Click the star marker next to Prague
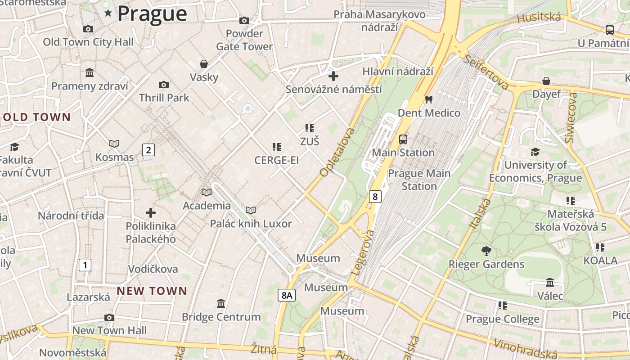pyautogui.click(x=108, y=13)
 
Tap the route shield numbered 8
pyautogui.click(x=375, y=196)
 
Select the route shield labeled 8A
pyautogui.click(x=286, y=295)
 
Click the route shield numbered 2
pyautogui.click(x=148, y=150)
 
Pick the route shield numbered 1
pyautogui.click(x=85, y=265)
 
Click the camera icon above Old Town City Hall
pyautogui.click(x=88, y=29)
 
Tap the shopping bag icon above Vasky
pyautogui.click(x=204, y=64)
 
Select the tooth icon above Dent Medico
pyautogui.click(x=428, y=99)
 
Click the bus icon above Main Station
pyautogui.click(x=403, y=139)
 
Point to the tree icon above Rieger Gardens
pyautogui.click(x=486, y=251)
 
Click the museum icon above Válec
pyautogui.click(x=550, y=283)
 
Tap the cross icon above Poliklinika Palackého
pyautogui.click(x=151, y=212)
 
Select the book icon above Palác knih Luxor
pyautogui.click(x=251, y=210)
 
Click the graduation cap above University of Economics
pyautogui.click(x=535, y=152)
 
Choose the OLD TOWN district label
pyautogui.click(x=37, y=117)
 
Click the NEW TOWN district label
pyautogui.click(x=152, y=291)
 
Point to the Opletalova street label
pyautogui.click(x=337, y=153)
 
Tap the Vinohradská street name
pyautogui.click(x=525, y=350)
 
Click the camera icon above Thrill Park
pyautogui.click(x=164, y=85)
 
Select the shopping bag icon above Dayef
pyautogui.click(x=546, y=81)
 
